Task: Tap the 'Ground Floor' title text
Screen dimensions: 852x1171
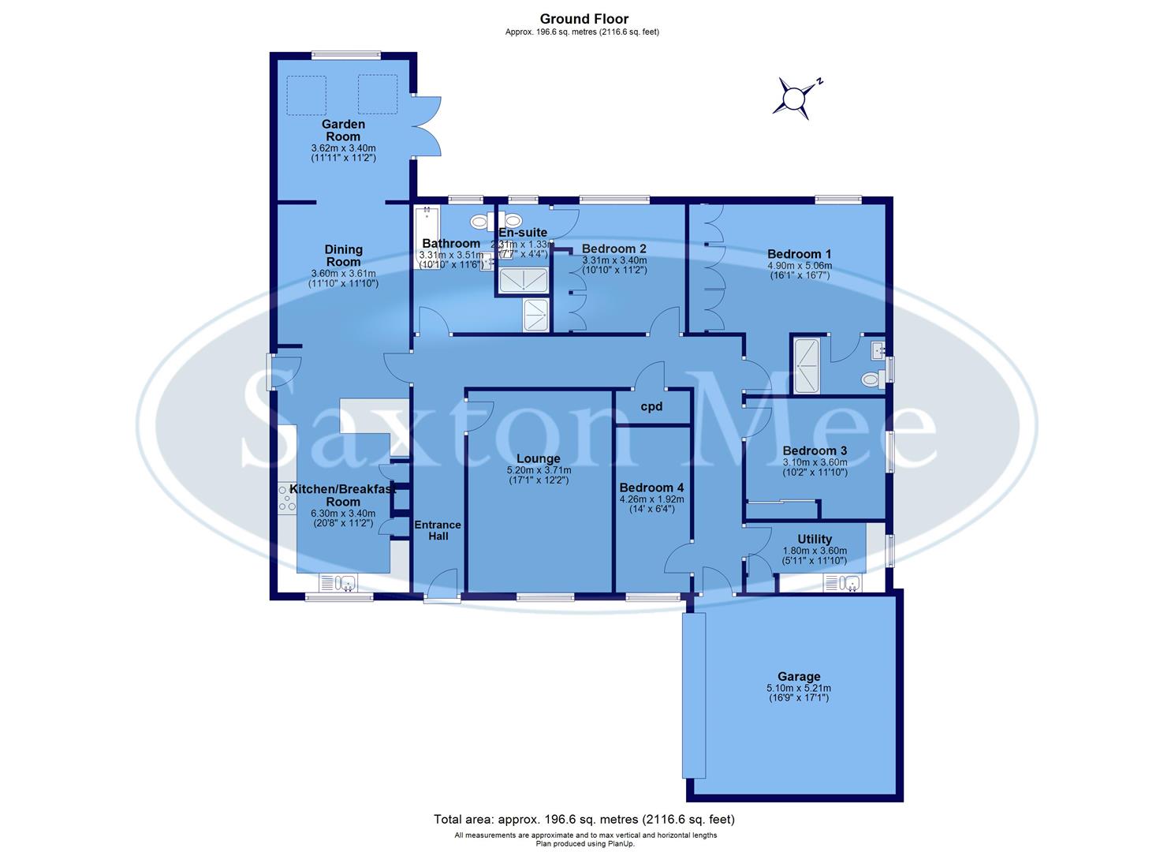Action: click(x=584, y=19)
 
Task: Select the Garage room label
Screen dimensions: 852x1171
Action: click(x=798, y=676)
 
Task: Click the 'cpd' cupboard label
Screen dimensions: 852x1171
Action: click(x=651, y=407)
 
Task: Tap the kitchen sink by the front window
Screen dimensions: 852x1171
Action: click(x=338, y=584)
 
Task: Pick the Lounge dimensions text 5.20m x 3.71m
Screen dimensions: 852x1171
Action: click(x=538, y=470)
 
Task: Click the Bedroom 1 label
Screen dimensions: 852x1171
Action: click(x=799, y=254)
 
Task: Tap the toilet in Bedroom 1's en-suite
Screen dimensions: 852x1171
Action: click(x=871, y=380)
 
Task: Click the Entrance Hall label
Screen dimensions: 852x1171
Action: click(x=438, y=530)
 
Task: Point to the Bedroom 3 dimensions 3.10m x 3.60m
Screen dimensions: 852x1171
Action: click(x=815, y=462)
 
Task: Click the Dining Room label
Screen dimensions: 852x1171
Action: click(x=343, y=256)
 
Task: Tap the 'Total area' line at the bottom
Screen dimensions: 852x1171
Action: click(x=584, y=820)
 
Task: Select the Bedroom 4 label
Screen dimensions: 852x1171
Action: click(x=651, y=488)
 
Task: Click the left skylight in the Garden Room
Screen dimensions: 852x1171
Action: click(x=305, y=94)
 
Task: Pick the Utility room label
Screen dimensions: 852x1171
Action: click(x=814, y=540)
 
